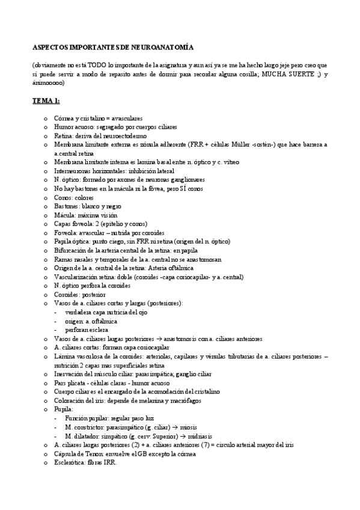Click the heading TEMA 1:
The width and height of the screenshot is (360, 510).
[46, 102]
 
